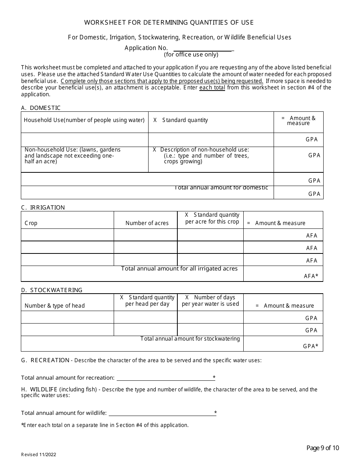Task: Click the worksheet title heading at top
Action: click(169, 22)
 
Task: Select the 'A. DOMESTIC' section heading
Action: click(41, 108)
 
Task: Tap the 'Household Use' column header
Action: click(84, 120)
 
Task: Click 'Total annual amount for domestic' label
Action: click(221, 188)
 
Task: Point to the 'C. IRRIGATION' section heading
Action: click(43, 208)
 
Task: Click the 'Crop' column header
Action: click(31, 223)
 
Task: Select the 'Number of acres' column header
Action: click(147, 223)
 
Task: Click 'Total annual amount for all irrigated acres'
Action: click(179, 269)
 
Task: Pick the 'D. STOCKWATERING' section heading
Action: click(52, 290)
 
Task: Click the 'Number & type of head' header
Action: click(55, 306)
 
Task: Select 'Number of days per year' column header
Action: click(210, 301)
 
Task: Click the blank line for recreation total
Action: click(164, 378)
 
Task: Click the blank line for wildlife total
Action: click(161, 413)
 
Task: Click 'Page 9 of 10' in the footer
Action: click(322, 448)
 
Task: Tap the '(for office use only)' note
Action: click(191, 55)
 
